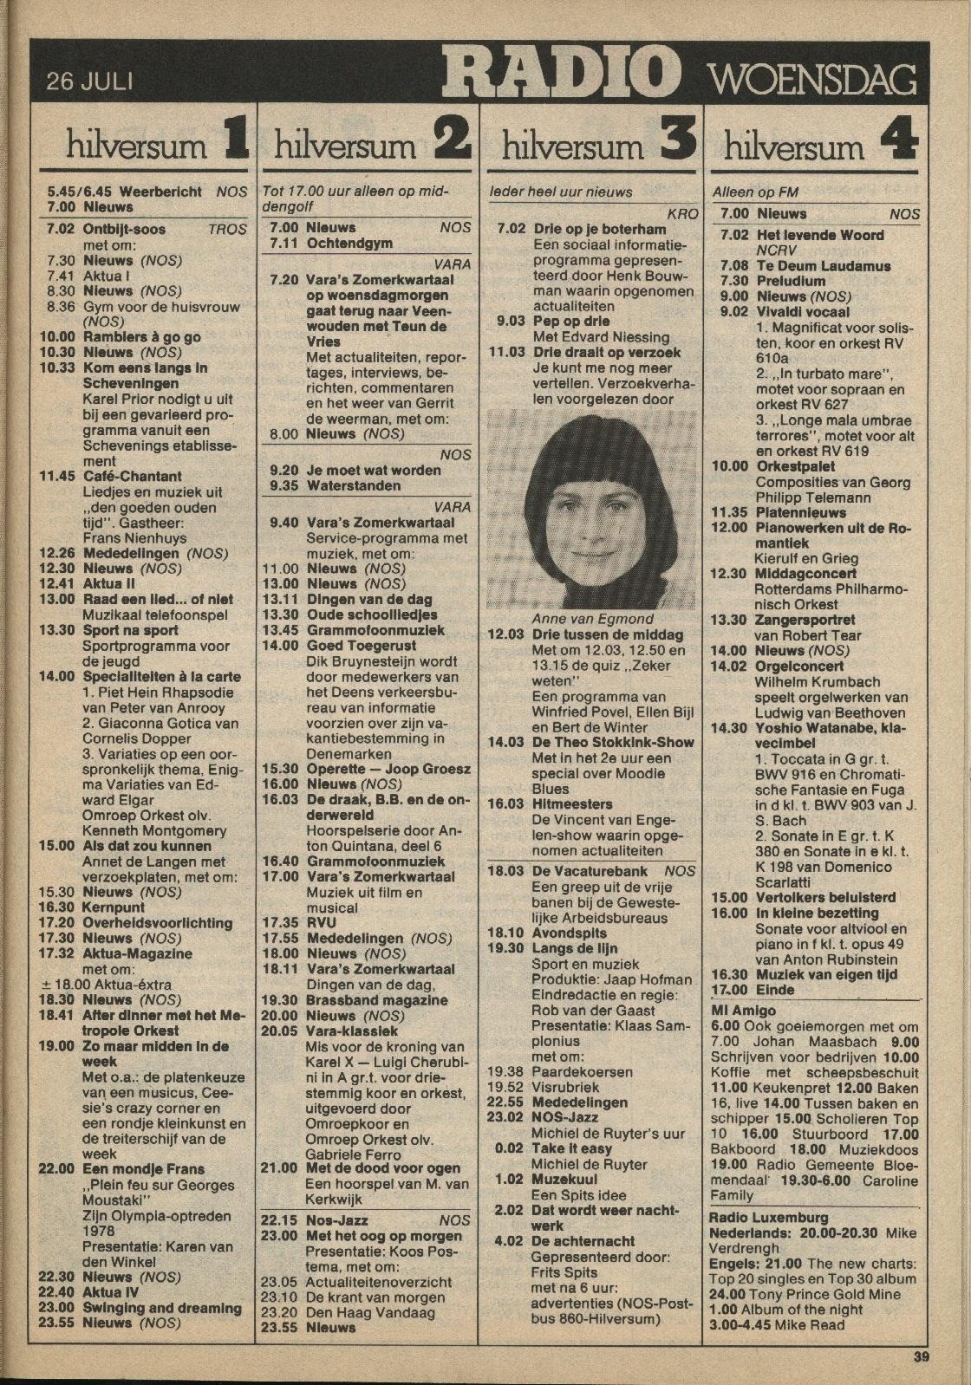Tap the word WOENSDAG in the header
click(x=814, y=81)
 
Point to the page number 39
click(x=921, y=1357)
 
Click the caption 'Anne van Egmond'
click(x=592, y=619)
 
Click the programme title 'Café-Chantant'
click(x=132, y=476)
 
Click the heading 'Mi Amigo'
click(x=743, y=1011)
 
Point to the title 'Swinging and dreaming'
click(x=161, y=1308)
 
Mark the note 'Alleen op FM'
click(x=754, y=192)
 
